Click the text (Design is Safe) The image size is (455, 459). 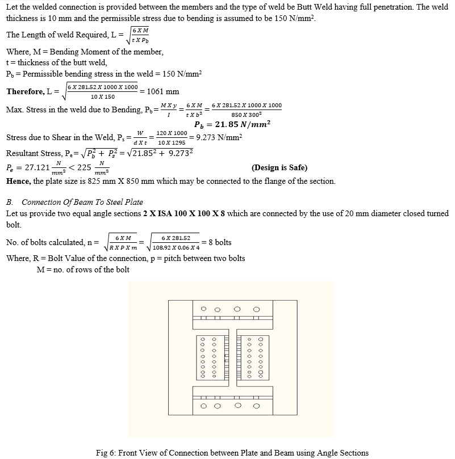(x=279, y=168)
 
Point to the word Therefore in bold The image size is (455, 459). (x=25, y=92)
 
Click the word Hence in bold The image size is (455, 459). (x=18, y=181)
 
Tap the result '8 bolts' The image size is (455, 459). (x=220, y=242)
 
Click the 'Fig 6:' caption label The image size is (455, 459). (x=107, y=452)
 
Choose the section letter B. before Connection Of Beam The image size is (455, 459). (x=10, y=202)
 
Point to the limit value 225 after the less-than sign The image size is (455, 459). (x=84, y=168)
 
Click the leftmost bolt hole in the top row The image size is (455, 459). (x=203, y=309)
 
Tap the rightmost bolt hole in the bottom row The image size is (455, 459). (x=256, y=406)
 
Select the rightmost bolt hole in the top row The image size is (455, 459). (x=256, y=309)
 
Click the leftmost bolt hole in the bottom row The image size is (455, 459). (x=203, y=406)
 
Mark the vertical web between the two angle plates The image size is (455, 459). (x=230, y=357)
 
